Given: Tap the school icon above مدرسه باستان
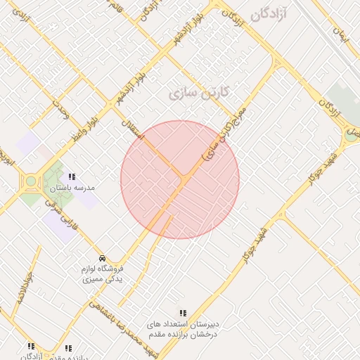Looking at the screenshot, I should click(x=71, y=176).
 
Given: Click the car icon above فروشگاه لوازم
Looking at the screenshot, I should click(x=103, y=257).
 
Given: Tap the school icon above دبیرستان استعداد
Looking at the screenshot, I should click(x=183, y=313).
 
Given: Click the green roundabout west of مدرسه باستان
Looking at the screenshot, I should click(x=31, y=182).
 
